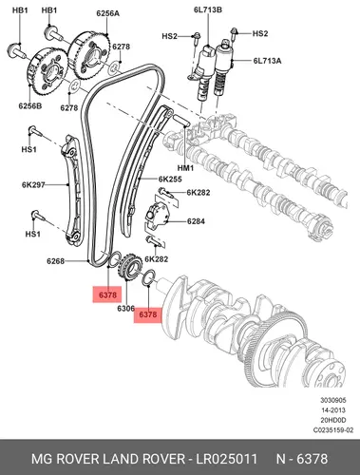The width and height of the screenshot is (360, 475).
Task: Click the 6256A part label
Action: coord(107,13)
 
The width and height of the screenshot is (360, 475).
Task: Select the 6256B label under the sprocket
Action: coord(30,105)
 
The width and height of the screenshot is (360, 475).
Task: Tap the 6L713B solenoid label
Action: coord(208,9)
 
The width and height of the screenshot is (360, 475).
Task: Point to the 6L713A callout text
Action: coord(267,61)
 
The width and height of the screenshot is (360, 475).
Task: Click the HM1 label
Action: coord(185,167)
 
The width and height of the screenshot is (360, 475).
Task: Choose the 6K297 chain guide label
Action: coord(33,184)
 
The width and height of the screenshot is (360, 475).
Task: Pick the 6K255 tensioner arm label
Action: coord(170,180)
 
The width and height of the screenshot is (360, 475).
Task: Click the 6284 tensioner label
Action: coord(196,221)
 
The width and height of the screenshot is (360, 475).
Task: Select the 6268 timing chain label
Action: coord(55,261)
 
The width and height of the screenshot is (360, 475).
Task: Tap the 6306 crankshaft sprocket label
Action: coord(126,308)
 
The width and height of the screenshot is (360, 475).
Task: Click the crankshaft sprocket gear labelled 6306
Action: coord(129,268)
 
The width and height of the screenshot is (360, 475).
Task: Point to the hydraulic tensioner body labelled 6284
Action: coord(158,216)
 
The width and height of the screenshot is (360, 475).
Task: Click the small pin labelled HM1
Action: coord(181,121)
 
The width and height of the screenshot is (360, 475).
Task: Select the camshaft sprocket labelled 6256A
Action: coord(90,56)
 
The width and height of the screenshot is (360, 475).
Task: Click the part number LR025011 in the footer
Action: coord(226,459)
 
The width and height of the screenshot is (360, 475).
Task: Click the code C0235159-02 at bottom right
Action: coord(333,430)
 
